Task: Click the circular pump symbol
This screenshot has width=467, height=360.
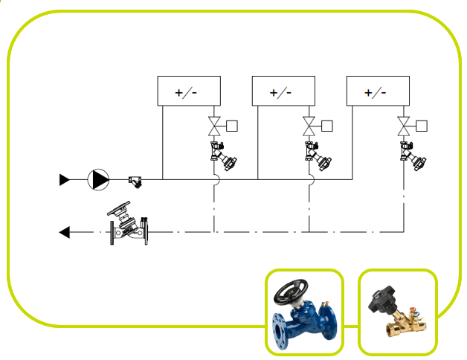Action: coord(98,179)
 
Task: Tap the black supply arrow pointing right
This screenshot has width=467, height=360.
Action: coord(65,179)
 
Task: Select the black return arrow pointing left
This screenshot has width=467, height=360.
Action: coord(65,233)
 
